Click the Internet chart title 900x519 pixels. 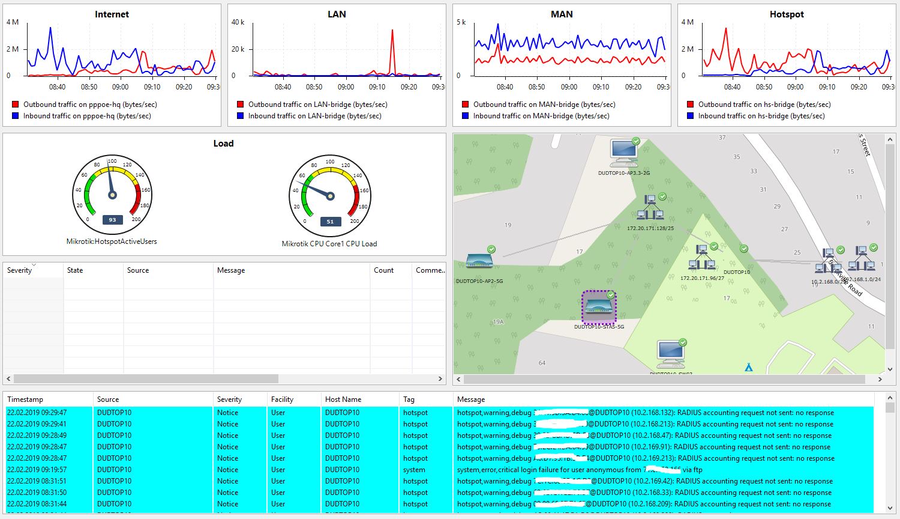[x=112, y=14]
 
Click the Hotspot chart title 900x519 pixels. [x=786, y=14]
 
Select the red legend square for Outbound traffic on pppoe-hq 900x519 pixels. [x=16, y=105]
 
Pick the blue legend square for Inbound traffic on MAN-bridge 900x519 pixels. [x=466, y=116]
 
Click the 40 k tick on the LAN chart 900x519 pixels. [x=238, y=22]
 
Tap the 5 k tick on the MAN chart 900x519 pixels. [x=461, y=22]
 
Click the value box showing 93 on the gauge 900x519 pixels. [x=112, y=220]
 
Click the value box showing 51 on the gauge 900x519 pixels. [x=330, y=222]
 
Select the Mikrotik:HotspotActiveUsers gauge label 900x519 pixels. [x=112, y=241]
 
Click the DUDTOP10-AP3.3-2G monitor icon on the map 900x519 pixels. [x=623, y=153]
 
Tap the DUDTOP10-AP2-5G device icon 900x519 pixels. [x=479, y=261]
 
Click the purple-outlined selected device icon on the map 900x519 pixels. [x=598, y=307]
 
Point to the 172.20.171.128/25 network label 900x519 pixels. [x=650, y=228]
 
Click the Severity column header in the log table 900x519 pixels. [x=229, y=399]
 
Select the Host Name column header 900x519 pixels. [x=343, y=399]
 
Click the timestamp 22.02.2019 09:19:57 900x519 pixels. [x=37, y=470]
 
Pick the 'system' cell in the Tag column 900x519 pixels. [x=414, y=470]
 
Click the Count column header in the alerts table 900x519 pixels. [x=383, y=270]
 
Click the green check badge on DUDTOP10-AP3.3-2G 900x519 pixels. [x=636, y=142]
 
